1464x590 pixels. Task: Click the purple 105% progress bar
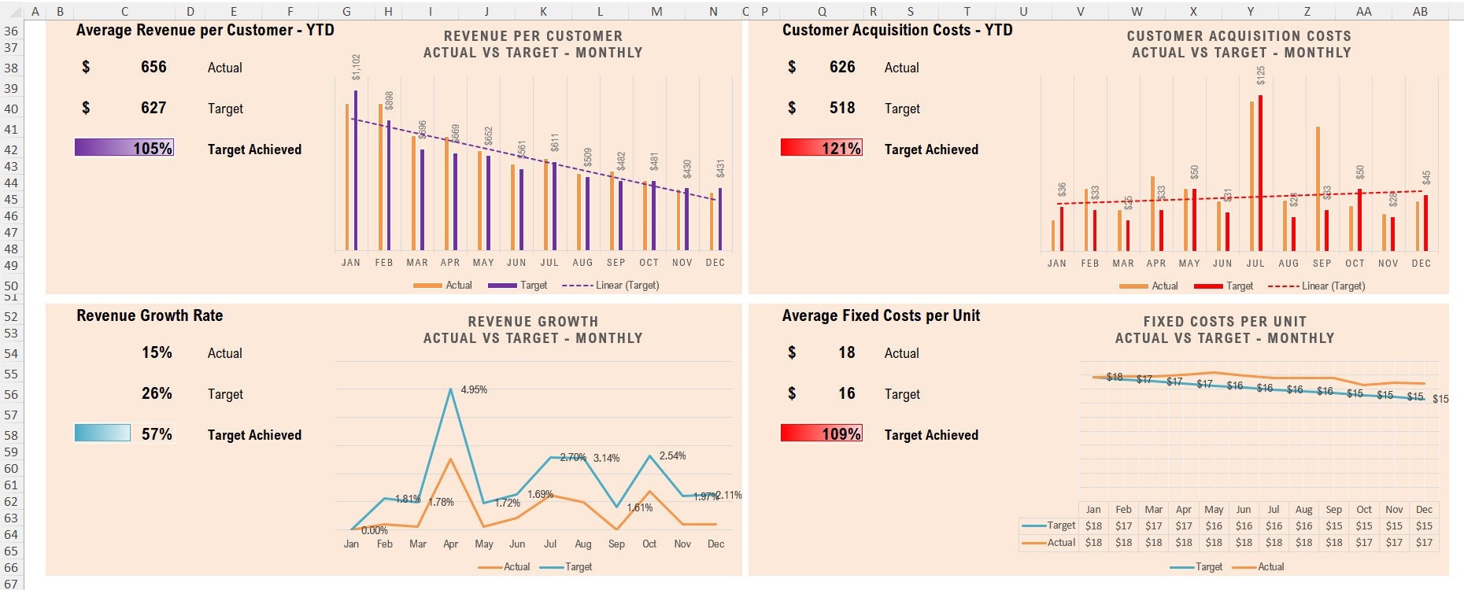pyautogui.click(x=124, y=148)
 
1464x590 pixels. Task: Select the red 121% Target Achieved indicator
pyautogui.click(x=821, y=148)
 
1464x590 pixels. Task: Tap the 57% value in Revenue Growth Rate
pyautogui.click(x=157, y=434)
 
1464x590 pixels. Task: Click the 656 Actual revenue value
pyautogui.click(x=153, y=68)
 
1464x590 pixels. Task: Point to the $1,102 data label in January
pyautogui.click(x=357, y=67)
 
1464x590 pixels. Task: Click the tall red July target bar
pyautogui.click(x=1260, y=173)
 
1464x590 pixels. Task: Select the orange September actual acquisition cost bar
pyautogui.click(x=1318, y=189)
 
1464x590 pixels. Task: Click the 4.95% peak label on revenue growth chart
pyautogui.click(x=474, y=389)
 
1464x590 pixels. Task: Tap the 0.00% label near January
pyautogui.click(x=374, y=530)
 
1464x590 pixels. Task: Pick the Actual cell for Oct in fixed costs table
pyautogui.click(x=1364, y=542)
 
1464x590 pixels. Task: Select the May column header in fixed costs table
pyautogui.click(x=1214, y=509)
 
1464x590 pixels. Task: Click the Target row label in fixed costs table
pyautogui.click(x=1060, y=525)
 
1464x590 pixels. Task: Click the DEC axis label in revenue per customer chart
pyautogui.click(x=715, y=263)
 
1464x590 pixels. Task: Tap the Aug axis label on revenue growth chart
pyautogui.click(x=583, y=544)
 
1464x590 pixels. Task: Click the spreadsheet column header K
pyautogui.click(x=544, y=11)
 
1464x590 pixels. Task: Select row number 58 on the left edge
pyautogui.click(x=11, y=435)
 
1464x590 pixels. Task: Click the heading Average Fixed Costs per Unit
pyautogui.click(x=881, y=315)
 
